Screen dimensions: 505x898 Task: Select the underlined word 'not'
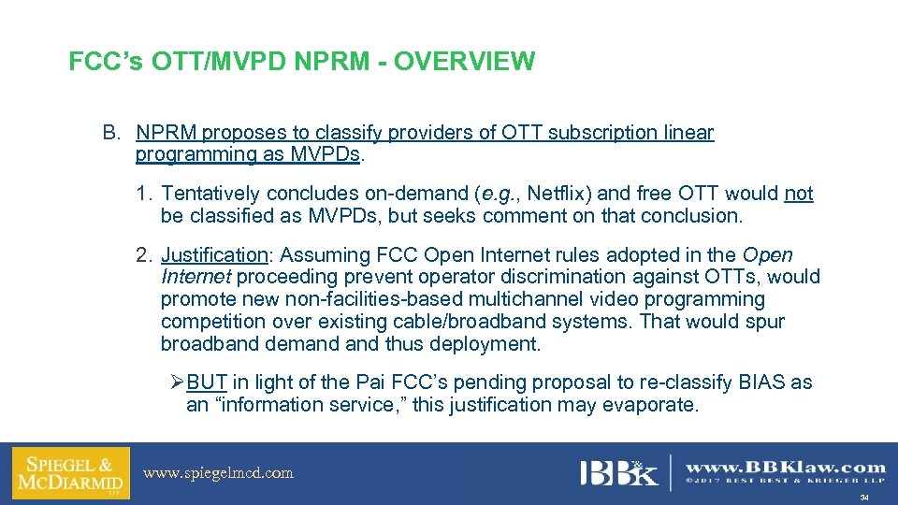tap(799, 194)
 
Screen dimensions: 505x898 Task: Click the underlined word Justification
tap(214, 254)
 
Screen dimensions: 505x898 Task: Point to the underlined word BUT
tap(207, 382)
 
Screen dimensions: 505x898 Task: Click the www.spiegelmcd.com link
tap(218, 473)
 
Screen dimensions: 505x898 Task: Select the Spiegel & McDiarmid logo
tap(71, 473)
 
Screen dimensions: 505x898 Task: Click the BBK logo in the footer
tap(619, 472)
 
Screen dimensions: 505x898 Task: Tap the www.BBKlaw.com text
tap(786, 467)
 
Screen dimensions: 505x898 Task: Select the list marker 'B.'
tap(112, 133)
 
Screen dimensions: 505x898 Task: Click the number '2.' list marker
tap(144, 254)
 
